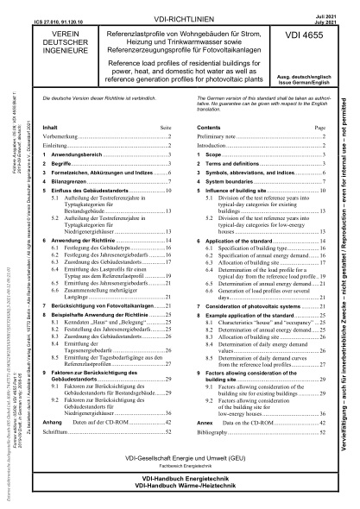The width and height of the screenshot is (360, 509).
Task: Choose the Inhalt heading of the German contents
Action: tap(52, 125)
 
